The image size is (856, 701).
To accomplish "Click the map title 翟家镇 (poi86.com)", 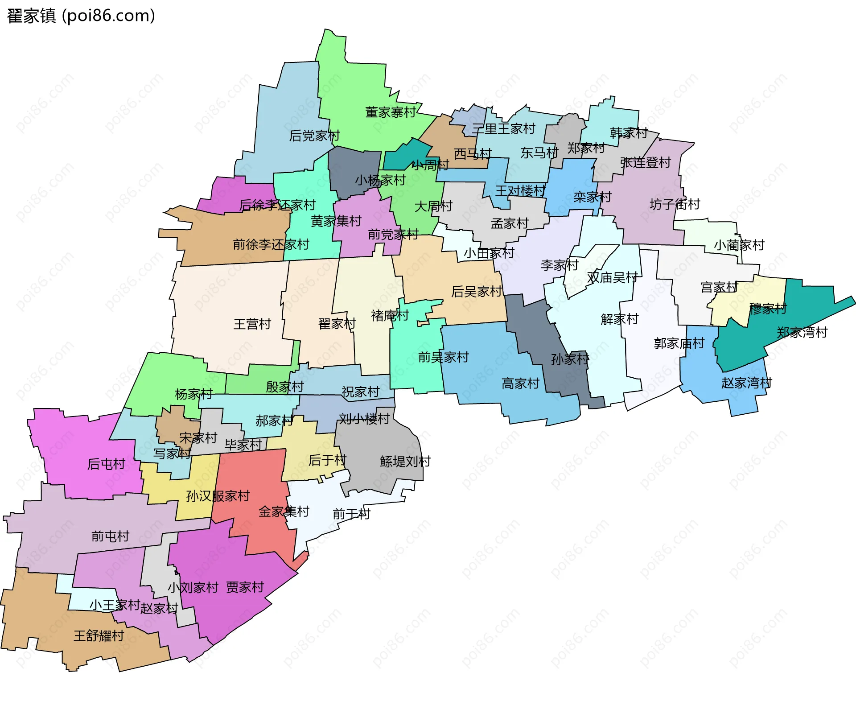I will pyautogui.click(x=81, y=16).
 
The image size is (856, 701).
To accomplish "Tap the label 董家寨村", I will pyautogui.click(x=390, y=112).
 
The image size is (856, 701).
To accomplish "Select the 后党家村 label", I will pyautogui.click(x=314, y=135).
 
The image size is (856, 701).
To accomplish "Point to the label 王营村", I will pyautogui.click(x=252, y=324).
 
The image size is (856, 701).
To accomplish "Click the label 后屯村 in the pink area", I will pyautogui.click(x=106, y=464).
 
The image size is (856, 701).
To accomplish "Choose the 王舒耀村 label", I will pyautogui.click(x=99, y=635).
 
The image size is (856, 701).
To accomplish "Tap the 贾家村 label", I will pyautogui.click(x=245, y=587).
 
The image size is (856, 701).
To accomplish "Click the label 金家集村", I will pyautogui.click(x=284, y=511).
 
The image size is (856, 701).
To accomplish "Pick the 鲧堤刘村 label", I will pyautogui.click(x=405, y=461).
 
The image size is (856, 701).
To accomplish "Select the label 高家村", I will pyautogui.click(x=520, y=383).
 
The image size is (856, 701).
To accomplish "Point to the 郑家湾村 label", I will pyautogui.click(x=802, y=332).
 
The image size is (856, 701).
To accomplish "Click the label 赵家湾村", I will pyautogui.click(x=746, y=383).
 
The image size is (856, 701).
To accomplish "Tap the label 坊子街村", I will pyautogui.click(x=675, y=204).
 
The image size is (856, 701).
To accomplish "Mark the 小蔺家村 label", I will pyautogui.click(x=739, y=245).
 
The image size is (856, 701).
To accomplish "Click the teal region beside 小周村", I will pyautogui.click(x=401, y=156).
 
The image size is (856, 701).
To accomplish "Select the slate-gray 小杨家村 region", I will pyautogui.click(x=352, y=169).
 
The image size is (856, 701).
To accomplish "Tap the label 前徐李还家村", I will pyautogui.click(x=271, y=244).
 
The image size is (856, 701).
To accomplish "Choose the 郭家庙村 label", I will pyautogui.click(x=679, y=343).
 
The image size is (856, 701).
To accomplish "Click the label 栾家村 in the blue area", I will pyautogui.click(x=592, y=197).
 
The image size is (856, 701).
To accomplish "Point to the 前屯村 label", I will pyautogui.click(x=110, y=536).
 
